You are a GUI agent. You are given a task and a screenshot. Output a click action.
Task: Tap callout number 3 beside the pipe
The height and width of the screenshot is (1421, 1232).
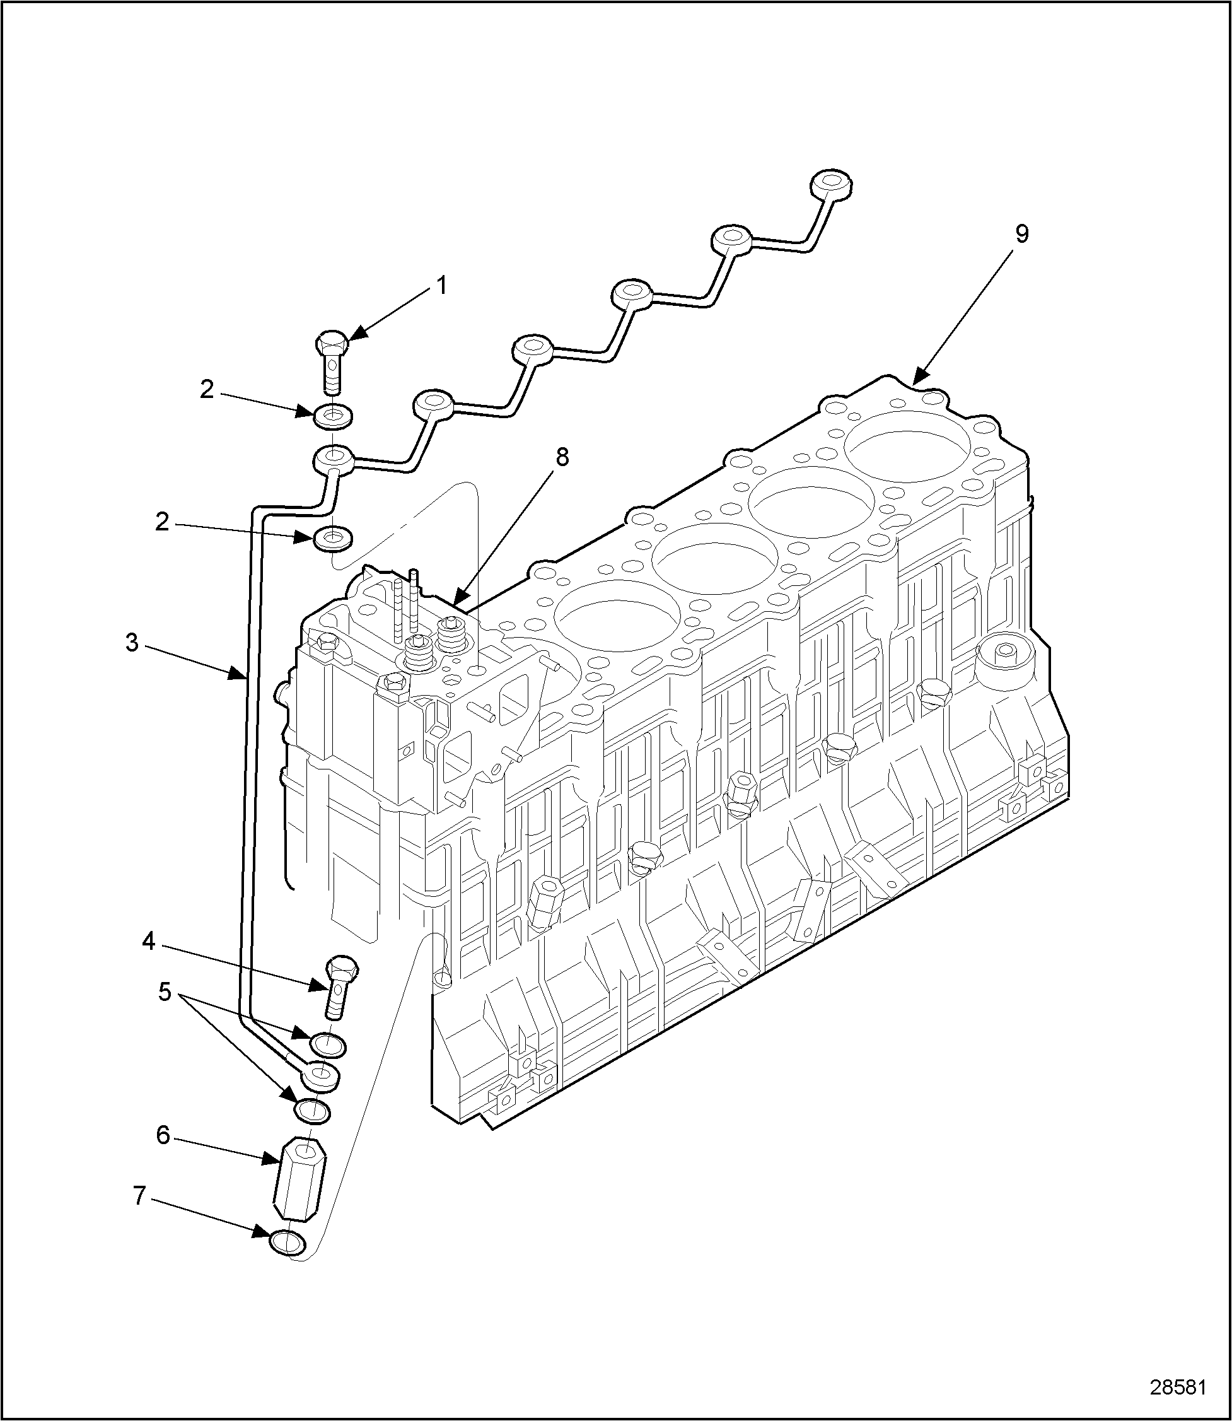[132, 643]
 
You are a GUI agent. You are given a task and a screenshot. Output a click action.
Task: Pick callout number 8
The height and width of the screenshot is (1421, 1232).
[562, 457]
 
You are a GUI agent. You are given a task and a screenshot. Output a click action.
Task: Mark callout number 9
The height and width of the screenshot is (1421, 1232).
[1021, 235]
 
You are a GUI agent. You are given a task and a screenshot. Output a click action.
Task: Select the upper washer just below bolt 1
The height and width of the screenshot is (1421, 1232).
[332, 415]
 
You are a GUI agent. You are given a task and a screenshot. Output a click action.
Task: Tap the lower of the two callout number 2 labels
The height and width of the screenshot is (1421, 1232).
[162, 523]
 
